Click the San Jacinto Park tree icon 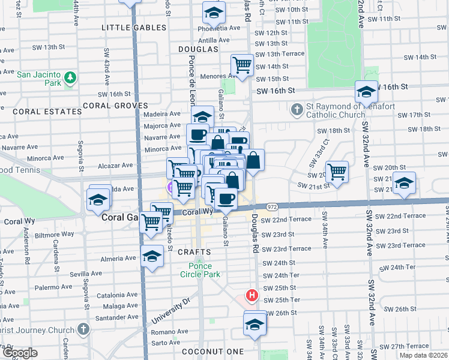(71, 77)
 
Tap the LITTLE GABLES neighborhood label (133, 28)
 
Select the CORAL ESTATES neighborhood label (38, 112)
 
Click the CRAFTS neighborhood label (194, 252)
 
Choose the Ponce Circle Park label (200, 270)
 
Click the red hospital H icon (252, 296)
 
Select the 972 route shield (272, 206)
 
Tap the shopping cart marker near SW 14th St (242, 65)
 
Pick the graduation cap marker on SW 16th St (366, 92)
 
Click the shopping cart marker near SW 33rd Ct (337, 172)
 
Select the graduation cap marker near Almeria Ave (152, 256)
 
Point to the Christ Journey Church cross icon (83, 329)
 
